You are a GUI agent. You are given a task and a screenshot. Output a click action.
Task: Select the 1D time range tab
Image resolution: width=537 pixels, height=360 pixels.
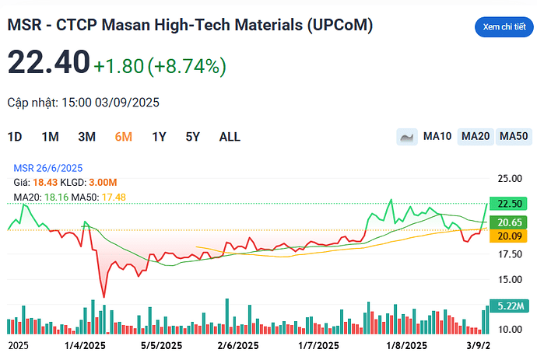15,137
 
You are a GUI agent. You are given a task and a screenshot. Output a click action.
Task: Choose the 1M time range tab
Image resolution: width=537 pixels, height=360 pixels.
51,137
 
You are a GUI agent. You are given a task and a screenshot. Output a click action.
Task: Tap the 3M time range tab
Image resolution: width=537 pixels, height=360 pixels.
86,137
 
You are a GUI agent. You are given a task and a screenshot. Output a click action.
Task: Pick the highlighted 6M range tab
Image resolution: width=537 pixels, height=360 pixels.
123,137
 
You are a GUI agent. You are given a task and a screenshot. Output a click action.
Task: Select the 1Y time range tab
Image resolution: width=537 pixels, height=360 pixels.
159,137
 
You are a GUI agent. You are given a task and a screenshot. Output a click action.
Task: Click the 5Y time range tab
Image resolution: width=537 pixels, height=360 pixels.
193,137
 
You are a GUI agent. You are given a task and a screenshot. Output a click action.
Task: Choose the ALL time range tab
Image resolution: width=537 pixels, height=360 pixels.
230,137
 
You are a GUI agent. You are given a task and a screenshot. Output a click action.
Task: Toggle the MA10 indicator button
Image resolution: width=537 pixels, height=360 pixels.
437,137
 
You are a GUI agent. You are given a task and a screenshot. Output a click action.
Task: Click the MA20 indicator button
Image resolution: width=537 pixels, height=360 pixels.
475,137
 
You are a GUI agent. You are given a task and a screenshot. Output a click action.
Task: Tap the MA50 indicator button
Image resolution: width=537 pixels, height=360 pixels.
513,137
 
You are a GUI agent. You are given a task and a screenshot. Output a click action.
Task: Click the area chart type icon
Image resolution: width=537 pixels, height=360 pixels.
406,137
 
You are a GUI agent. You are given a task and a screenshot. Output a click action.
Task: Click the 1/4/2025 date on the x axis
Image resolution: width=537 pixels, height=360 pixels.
85,345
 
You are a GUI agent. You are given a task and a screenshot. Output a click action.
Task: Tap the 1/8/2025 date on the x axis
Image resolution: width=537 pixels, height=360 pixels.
406,345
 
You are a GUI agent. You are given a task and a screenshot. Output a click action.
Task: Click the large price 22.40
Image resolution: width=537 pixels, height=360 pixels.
48,65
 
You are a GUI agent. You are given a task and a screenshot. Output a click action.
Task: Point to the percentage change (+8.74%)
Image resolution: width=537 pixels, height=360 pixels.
188,67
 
